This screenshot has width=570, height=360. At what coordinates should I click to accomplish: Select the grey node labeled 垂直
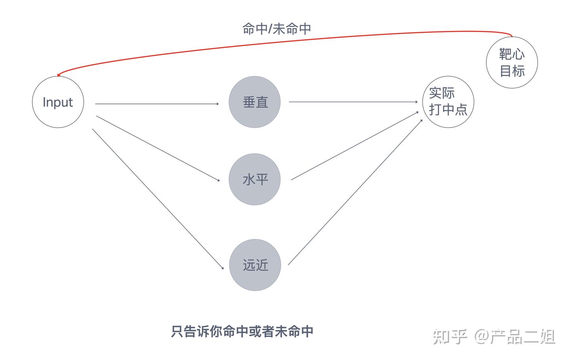(255, 102)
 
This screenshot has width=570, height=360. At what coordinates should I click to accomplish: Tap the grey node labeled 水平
(255, 179)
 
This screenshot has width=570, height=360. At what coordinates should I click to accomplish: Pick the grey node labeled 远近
(255, 265)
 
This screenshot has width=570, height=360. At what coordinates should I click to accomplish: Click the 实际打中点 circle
(448, 102)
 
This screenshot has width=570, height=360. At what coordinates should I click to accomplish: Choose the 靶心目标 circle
(512, 62)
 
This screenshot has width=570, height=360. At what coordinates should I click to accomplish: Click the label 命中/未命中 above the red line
(277, 29)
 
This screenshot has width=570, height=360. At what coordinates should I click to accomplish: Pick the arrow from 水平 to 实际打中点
(355, 146)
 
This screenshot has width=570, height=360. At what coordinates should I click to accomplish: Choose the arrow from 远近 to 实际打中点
(355, 192)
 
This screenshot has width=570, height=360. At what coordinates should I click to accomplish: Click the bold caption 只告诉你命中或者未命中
(242, 331)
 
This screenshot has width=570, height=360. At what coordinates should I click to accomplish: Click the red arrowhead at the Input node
(59, 74)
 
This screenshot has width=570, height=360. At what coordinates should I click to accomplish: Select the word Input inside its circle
(58, 102)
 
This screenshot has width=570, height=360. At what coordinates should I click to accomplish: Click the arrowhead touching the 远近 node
(222, 268)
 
